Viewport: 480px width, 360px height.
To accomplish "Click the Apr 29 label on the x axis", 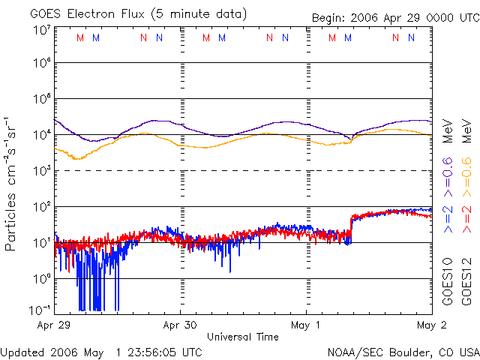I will (x=53, y=325).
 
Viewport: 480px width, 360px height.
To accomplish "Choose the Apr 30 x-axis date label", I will (x=180, y=325).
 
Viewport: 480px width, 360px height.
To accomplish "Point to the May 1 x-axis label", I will (x=307, y=325).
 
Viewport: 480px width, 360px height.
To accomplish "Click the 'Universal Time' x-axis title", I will (x=242, y=337).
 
